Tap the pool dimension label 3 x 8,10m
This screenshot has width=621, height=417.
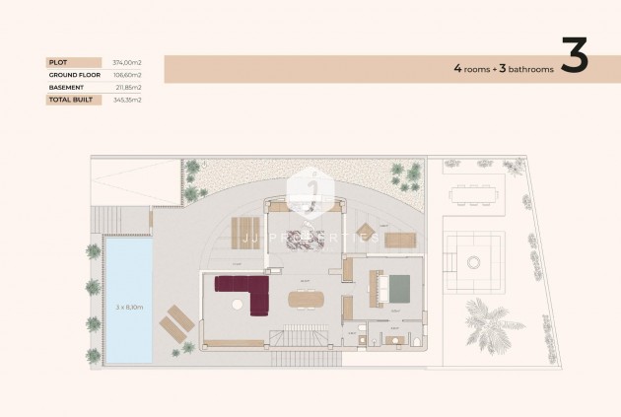click(x=128, y=307)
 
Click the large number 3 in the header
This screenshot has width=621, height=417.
click(x=574, y=58)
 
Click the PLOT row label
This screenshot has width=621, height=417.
click(x=58, y=62)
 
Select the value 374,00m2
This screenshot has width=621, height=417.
click(x=127, y=62)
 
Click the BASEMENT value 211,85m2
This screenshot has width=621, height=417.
click(x=128, y=87)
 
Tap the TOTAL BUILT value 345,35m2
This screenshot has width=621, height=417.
click(x=127, y=100)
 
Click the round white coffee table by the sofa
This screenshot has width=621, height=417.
click(x=236, y=306)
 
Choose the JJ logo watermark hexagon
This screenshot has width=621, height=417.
click(x=310, y=192)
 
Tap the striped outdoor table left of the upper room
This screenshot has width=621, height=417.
click(x=243, y=232)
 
